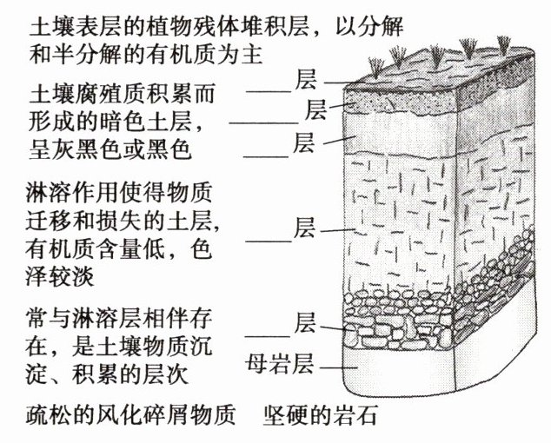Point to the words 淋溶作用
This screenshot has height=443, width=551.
62,188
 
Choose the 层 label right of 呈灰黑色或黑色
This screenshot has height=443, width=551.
303,140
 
